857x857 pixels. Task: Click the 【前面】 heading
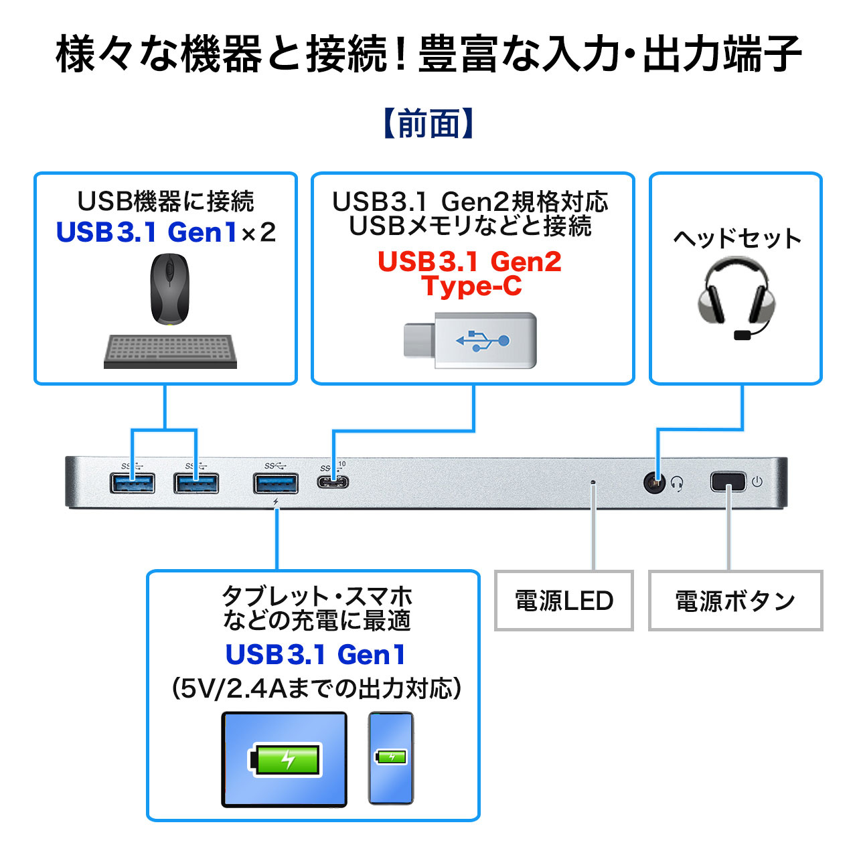[428, 124]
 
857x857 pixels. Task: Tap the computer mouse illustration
[169, 289]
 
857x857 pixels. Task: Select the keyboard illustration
[170, 352]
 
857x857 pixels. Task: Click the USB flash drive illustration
[470, 340]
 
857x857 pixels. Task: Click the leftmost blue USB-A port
[133, 483]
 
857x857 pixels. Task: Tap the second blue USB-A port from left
[196, 483]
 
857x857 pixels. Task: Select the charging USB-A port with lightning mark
[276, 483]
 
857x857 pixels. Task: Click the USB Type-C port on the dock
[333, 482]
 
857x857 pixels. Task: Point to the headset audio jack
[654, 482]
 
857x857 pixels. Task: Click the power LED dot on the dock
[593, 481]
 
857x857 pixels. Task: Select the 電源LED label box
[564, 601]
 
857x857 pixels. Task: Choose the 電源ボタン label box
[735, 601]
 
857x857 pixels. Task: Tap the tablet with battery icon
[285, 759]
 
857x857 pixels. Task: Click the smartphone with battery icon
[391, 758]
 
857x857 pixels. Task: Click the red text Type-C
[471, 286]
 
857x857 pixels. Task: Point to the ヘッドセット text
[736, 238]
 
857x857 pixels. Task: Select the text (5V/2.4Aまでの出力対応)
[316, 688]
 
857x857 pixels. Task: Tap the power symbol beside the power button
[757, 481]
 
